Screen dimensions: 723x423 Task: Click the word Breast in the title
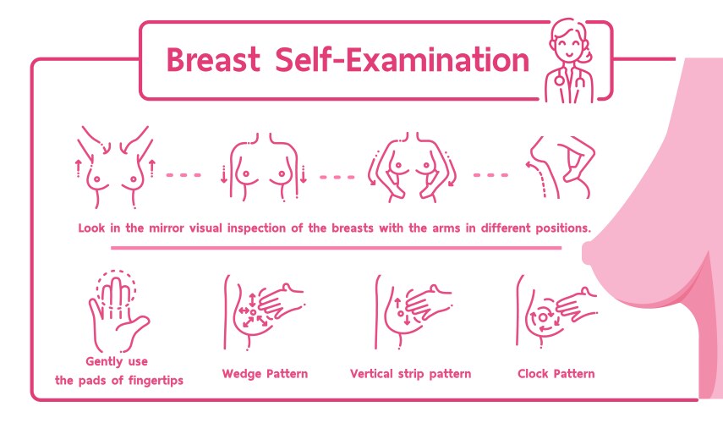213,60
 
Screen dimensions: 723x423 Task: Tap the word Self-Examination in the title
402,60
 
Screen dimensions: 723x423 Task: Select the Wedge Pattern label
265,374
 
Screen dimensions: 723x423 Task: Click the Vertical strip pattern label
410,374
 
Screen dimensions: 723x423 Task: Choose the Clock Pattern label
556,374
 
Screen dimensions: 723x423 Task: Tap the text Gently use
117,361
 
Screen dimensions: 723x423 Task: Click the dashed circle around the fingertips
116,272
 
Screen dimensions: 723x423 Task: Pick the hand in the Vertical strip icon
429,302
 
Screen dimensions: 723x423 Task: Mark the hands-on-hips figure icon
412,167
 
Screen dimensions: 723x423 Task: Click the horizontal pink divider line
337,248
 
